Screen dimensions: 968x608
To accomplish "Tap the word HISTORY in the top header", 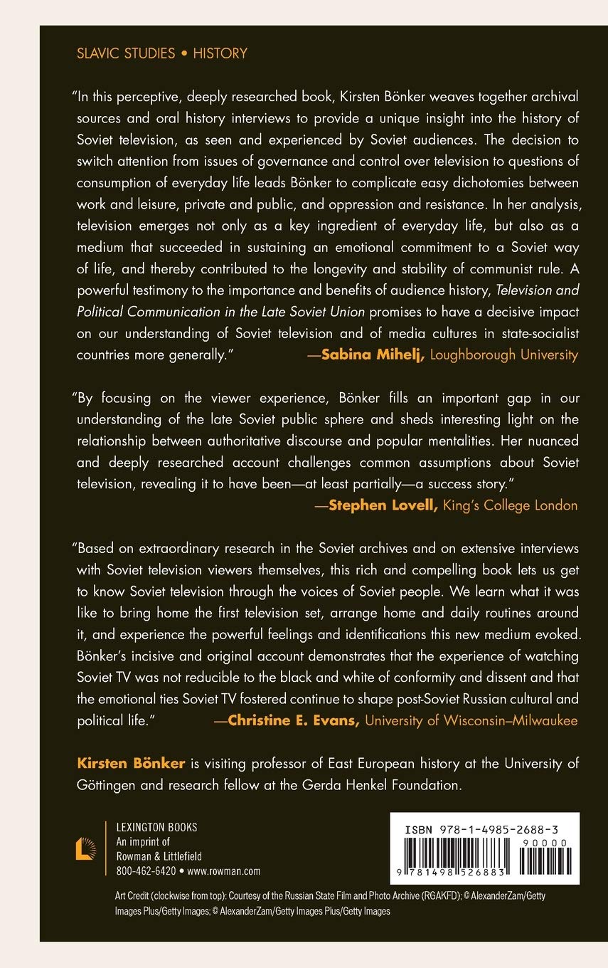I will (220, 53).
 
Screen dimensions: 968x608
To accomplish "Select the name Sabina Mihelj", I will (373, 355).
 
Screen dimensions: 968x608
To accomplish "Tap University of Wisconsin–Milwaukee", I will (471, 701).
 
